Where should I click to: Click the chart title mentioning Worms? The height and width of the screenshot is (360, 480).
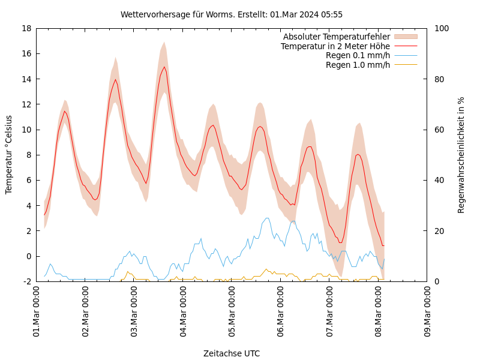point(231,14)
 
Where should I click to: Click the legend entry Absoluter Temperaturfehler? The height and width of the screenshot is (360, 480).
point(336,37)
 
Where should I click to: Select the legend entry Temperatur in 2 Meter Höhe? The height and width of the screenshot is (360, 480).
point(335,46)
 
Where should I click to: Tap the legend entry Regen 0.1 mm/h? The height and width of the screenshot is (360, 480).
point(358,55)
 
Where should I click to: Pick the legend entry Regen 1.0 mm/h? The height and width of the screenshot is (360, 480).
point(358,65)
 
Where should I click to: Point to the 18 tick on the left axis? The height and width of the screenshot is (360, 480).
point(26,28)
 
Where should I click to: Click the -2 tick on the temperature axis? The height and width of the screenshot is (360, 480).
point(27,281)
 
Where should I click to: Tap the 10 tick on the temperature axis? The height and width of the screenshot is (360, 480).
point(26,130)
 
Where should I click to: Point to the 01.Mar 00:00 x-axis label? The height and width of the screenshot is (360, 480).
point(37,312)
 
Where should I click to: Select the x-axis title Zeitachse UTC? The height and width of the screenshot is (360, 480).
point(231,353)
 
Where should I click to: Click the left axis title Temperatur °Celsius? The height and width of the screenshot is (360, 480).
point(9,155)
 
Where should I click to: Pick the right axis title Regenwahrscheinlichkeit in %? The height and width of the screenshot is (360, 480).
point(461,155)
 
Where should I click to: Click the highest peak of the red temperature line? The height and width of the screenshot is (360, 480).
point(164,67)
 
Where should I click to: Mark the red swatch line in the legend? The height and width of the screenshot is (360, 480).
point(405,46)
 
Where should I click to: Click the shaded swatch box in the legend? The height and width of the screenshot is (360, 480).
point(405,37)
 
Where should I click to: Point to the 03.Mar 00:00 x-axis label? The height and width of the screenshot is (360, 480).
point(134,312)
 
